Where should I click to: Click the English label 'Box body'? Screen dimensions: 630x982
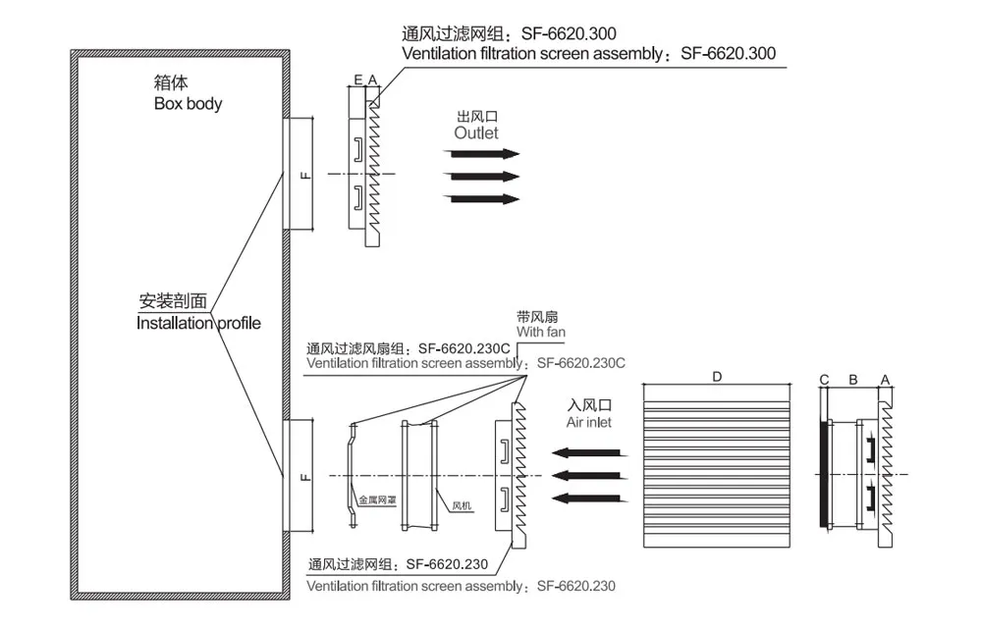tap(188, 103)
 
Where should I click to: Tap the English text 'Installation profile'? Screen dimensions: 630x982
tap(198, 323)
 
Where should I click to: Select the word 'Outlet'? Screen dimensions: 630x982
tap(475, 132)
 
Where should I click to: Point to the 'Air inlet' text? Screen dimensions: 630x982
tap(588, 423)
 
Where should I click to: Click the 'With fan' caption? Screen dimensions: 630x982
tap(542, 333)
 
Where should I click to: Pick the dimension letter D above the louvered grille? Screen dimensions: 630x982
tap(717, 377)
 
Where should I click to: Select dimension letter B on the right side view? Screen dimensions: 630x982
tap(852, 379)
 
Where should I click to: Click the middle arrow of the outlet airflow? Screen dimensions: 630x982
tap(481, 177)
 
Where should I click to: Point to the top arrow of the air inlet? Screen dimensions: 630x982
tap(585, 453)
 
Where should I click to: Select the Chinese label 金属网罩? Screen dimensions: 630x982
tap(377, 499)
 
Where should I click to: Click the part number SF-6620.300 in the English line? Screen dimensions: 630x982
tap(728, 54)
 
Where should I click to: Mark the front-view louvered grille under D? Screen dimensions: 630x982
tap(717, 466)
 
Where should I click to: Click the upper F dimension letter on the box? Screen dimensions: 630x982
tap(304, 175)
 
